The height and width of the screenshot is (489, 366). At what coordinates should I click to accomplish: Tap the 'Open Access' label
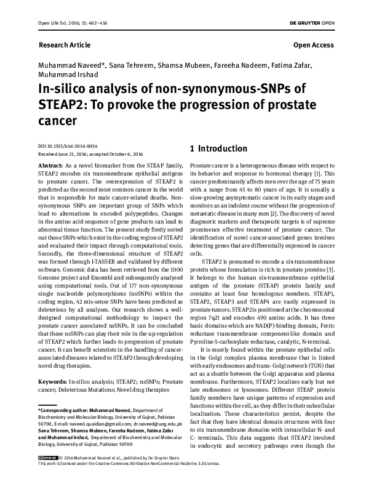[314, 46]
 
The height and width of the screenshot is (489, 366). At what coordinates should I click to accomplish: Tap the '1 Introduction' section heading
[218, 149]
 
